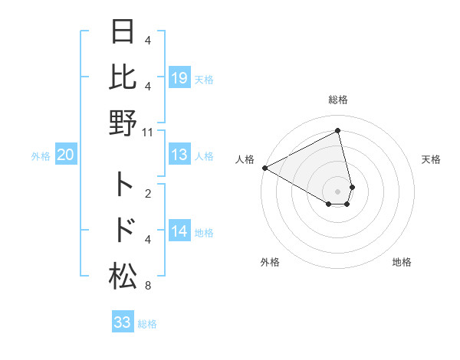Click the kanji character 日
(x=123, y=34)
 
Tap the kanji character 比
(x=123, y=77)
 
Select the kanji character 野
(x=123, y=122)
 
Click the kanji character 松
(x=123, y=274)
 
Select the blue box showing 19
(x=179, y=77)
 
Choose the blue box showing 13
(x=179, y=155)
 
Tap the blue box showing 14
(x=179, y=231)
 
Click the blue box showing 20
(x=65, y=155)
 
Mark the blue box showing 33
(x=123, y=322)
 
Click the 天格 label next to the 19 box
(x=204, y=80)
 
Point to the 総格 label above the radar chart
(x=338, y=100)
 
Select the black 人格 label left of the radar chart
(x=245, y=159)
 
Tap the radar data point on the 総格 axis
(x=338, y=131)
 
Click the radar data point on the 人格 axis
(x=264, y=168)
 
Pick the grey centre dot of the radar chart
(x=338, y=191)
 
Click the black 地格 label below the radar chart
(x=402, y=262)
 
